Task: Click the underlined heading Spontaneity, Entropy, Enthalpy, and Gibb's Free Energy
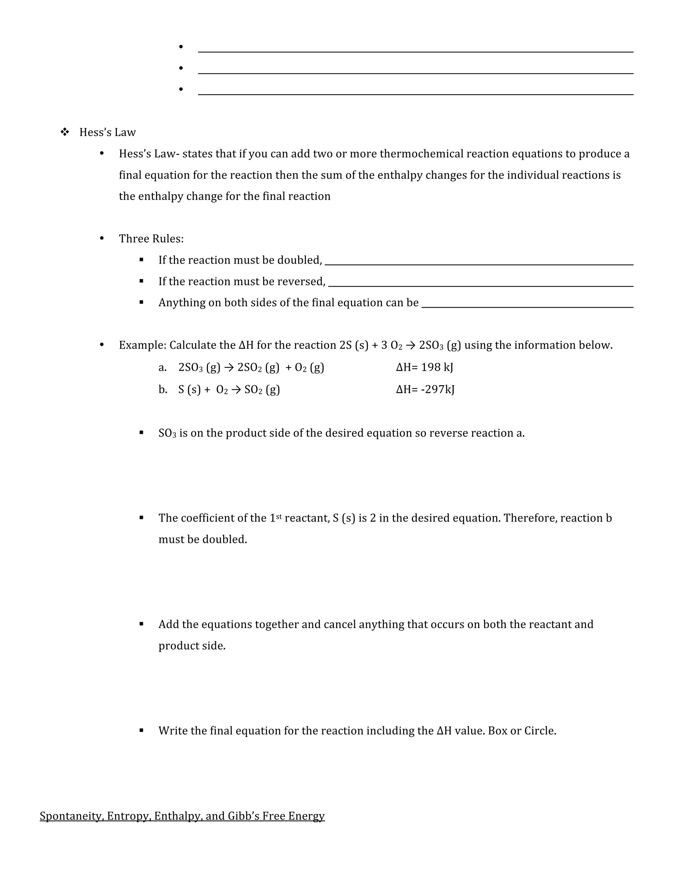click(x=182, y=816)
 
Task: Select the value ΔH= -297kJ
click(x=425, y=389)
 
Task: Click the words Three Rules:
click(x=151, y=239)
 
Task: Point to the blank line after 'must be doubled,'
click(x=478, y=264)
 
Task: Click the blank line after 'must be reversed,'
click(x=480, y=286)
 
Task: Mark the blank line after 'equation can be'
click(x=527, y=307)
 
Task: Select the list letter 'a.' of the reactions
click(x=162, y=367)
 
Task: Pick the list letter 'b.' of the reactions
click(x=163, y=389)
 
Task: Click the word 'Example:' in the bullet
click(x=142, y=345)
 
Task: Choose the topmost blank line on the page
click(x=415, y=52)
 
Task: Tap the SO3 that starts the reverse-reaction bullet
click(x=167, y=433)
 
